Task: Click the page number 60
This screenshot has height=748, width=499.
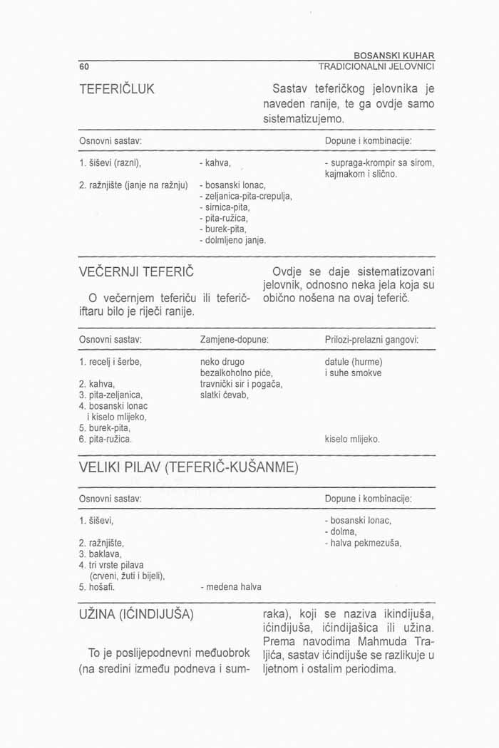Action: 83,67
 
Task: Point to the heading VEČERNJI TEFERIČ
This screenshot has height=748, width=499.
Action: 136,271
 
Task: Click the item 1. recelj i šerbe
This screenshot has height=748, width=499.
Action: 110,361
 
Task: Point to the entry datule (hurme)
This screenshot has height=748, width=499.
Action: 354,361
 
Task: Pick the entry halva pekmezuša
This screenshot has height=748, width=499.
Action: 363,543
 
